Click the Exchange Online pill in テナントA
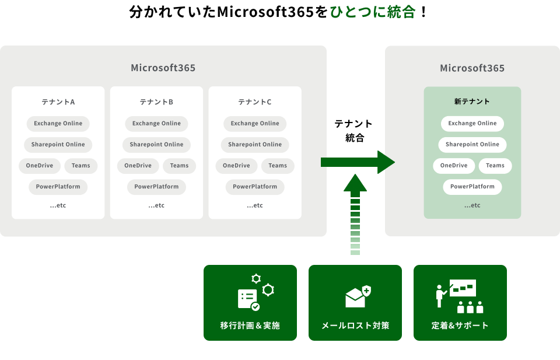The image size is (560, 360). [58, 123]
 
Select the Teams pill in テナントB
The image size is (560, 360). [179, 166]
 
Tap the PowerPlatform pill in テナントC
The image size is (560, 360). [255, 187]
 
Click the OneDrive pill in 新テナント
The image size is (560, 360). [454, 166]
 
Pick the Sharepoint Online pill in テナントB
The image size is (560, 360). [156, 145]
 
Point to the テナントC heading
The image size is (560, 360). [255, 102]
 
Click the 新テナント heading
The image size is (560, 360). [472, 102]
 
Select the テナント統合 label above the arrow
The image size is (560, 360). [353, 131]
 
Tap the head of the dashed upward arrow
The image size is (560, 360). [355, 184]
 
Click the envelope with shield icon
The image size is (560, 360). [358, 296]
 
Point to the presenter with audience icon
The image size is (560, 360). [460, 296]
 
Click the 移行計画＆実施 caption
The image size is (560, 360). [250, 326]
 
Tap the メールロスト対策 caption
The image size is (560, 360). [355, 326]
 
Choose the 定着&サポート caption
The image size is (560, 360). [460, 326]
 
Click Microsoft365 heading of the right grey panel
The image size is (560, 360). [472, 68]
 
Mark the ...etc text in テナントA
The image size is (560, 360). [58, 205]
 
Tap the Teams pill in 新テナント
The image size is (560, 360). [495, 166]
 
